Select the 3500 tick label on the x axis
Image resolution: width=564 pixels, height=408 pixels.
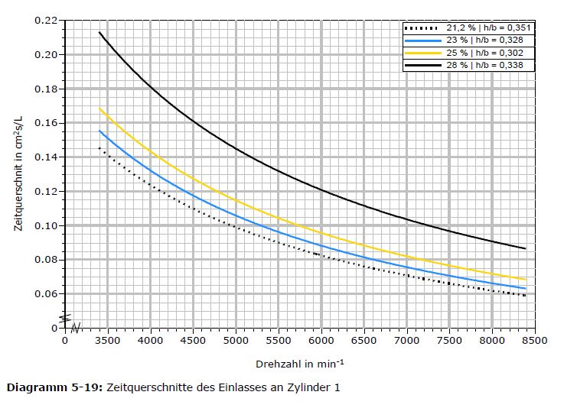pyautogui.click(x=107, y=340)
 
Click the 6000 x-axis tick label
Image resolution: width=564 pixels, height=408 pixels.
pyautogui.click(x=321, y=340)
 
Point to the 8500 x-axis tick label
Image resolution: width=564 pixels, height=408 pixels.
pyautogui.click(x=535, y=340)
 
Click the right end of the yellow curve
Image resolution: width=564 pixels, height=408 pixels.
pyautogui.click(x=526, y=280)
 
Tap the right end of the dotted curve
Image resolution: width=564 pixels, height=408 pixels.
pyautogui.click(x=526, y=295)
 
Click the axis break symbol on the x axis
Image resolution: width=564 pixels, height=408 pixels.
pyautogui.click(x=76, y=328)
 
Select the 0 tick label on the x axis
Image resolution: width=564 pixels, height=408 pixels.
pyautogui.click(x=65, y=340)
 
